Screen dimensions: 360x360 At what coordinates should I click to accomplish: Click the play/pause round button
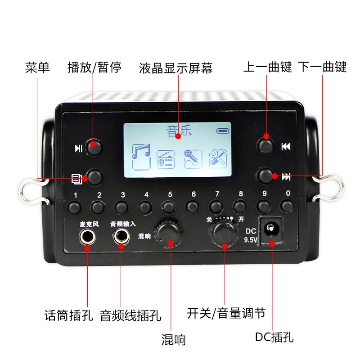click(94, 147)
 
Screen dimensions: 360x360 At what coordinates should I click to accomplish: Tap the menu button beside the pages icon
click(94, 177)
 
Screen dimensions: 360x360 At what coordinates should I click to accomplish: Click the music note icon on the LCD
click(141, 157)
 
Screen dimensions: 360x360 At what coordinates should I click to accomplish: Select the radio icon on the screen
click(166, 159)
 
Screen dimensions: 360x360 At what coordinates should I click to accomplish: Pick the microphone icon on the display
click(193, 159)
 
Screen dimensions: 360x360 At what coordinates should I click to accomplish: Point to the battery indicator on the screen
click(222, 131)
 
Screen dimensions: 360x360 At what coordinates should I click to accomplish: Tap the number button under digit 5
click(168, 207)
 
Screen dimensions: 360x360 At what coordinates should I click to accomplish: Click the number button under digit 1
click(75, 207)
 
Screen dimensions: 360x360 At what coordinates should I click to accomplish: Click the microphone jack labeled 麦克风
click(87, 237)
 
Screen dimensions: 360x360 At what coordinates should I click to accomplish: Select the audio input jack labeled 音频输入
click(121, 236)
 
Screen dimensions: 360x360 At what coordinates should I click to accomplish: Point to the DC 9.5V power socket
click(271, 229)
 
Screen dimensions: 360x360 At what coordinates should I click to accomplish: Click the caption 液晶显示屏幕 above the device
click(176, 68)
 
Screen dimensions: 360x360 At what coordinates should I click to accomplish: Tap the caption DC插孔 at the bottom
click(274, 337)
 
